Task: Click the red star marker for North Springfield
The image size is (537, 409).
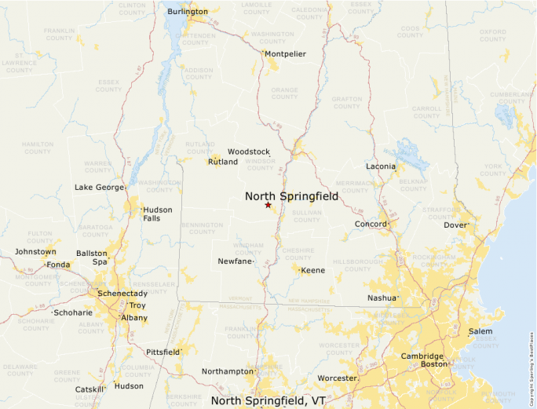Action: (x=268, y=205)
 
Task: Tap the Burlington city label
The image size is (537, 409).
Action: (x=188, y=12)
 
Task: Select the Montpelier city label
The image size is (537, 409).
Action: (x=285, y=54)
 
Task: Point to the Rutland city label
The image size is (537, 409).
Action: (x=223, y=162)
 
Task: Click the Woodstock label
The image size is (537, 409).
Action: (x=249, y=152)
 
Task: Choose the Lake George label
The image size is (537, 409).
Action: (x=99, y=188)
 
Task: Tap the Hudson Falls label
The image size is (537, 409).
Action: (x=157, y=214)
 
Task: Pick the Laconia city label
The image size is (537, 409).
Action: (x=381, y=166)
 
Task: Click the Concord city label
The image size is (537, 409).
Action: (x=370, y=225)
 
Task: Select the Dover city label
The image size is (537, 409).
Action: (x=455, y=225)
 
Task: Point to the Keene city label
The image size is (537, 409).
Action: (x=313, y=271)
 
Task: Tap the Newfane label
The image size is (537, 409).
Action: (x=235, y=261)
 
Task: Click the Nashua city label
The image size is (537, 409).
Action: (x=382, y=298)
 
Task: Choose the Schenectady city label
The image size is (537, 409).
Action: (x=122, y=294)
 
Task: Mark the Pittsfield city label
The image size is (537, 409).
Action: (x=163, y=352)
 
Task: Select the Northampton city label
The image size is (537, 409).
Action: (x=227, y=371)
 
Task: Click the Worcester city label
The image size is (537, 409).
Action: (x=337, y=378)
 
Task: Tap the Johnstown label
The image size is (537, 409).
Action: (x=35, y=252)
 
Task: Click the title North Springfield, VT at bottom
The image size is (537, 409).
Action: (x=268, y=401)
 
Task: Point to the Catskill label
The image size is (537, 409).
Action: (x=89, y=389)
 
